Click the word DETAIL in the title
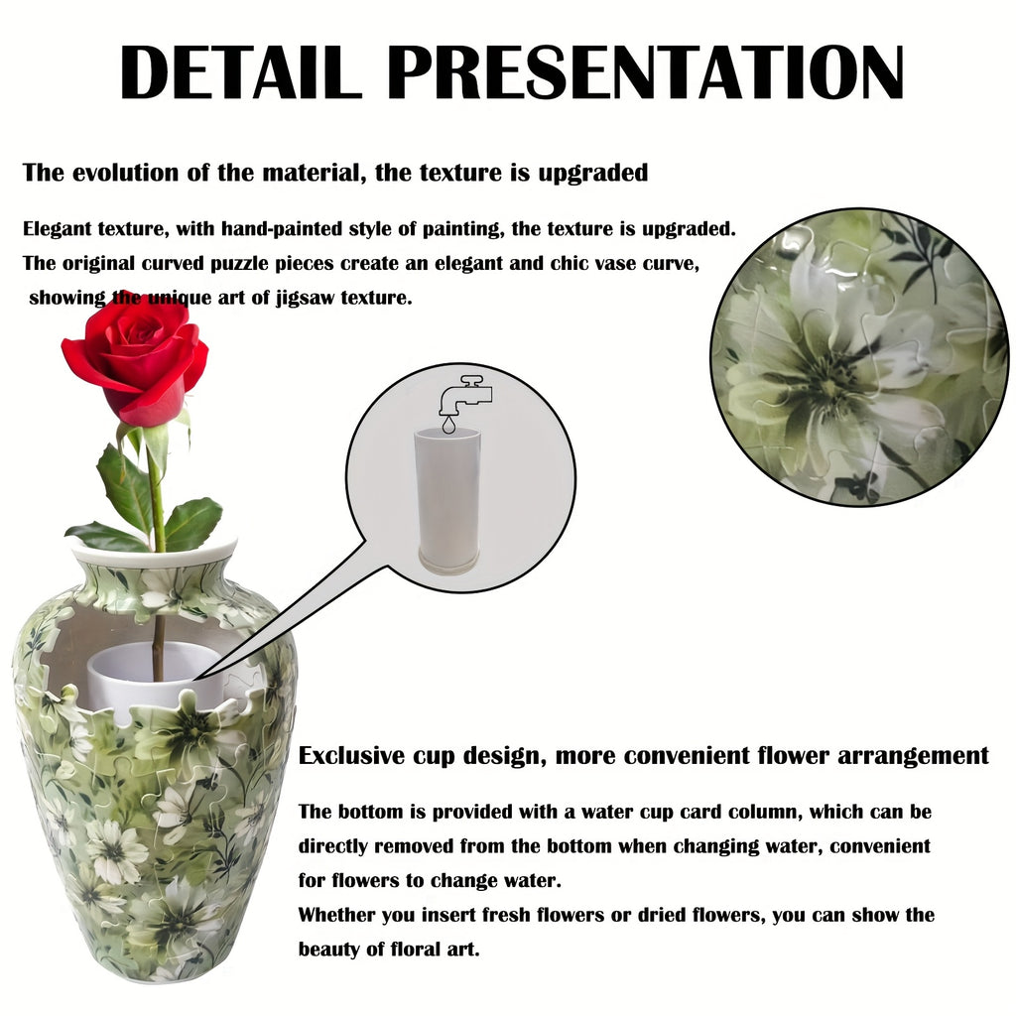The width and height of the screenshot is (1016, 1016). pyautogui.click(x=240, y=71)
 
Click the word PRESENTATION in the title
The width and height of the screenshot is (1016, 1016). pyautogui.click(x=648, y=71)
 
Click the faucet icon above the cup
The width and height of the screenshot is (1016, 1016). pyautogui.click(x=465, y=395)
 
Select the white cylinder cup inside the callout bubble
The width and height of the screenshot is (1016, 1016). pyautogui.click(x=447, y=500)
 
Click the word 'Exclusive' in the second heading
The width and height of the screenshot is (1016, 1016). pyautogui.click(x=351, y=756)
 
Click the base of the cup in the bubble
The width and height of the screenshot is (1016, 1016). pyautogui.click(x=447, y=560)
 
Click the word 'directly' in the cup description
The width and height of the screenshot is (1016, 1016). pyautogui.click(x=333, y=846)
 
